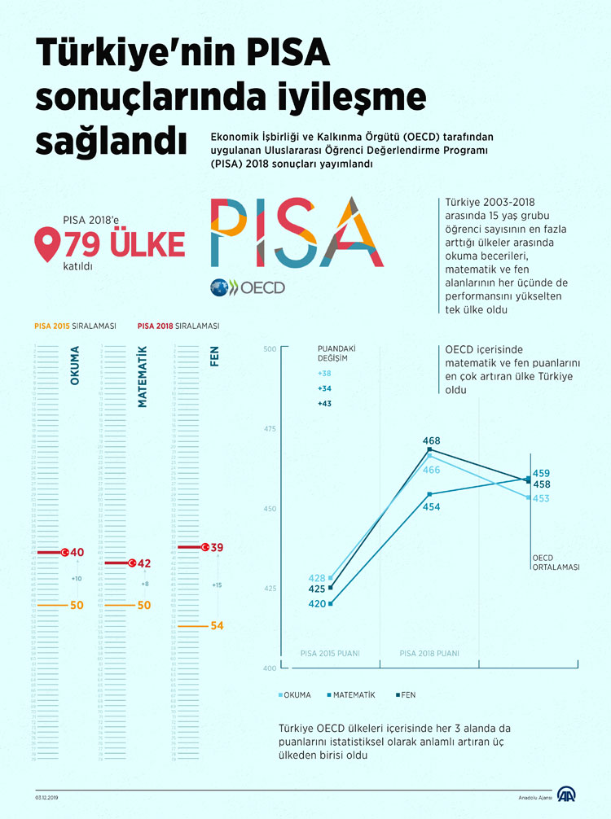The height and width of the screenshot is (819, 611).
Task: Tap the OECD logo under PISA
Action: pyautogui.click(x=247, y=287)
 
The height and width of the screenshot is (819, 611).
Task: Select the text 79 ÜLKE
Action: pyautogui.click(x=124, y=243)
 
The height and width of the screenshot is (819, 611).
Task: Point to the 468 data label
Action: pyautogui.click(x=431, y=440)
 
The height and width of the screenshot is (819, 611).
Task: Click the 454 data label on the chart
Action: pyautogui.click(x=431, y=506)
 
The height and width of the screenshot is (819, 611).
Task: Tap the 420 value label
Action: pyautogui.click(x=317, y=603)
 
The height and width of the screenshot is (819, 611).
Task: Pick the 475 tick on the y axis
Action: pyautogui.click(x=270, y=429)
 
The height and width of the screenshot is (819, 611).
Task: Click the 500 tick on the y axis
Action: pyautogui.click(x=270, y=349)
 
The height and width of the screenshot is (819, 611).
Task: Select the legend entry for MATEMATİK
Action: pyautogui.click(x=353, y=694)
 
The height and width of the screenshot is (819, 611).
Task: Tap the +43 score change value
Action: pyautogui.click(x=324, y=404)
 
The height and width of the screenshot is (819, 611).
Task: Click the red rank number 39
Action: pyautogui.click(x=217, y=547)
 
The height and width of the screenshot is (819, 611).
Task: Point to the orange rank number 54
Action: pyautogui.click(x=216, y=625)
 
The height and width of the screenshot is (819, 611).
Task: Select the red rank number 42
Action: pyautogui.click(x=144, y=563)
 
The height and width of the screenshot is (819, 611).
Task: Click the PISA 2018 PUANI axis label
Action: pyautogui.click(x=429, y=653)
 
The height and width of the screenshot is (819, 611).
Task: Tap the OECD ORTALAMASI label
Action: pyautogui.click(x=556, y=563)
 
